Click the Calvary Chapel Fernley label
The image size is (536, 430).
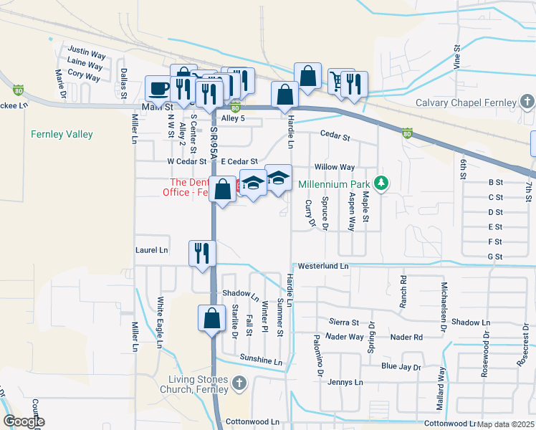[466, 102]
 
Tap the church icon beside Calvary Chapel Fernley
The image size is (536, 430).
[527, 102]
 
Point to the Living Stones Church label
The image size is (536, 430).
[195, 384]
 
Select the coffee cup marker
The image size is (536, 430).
[158, 88]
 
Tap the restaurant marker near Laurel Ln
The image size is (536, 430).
[201, 253]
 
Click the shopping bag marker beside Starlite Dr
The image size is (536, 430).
[212, 318]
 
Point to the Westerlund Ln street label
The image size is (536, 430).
[323, 266]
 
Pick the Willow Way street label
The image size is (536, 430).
[335, 167]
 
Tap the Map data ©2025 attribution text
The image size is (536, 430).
[506, 424]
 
